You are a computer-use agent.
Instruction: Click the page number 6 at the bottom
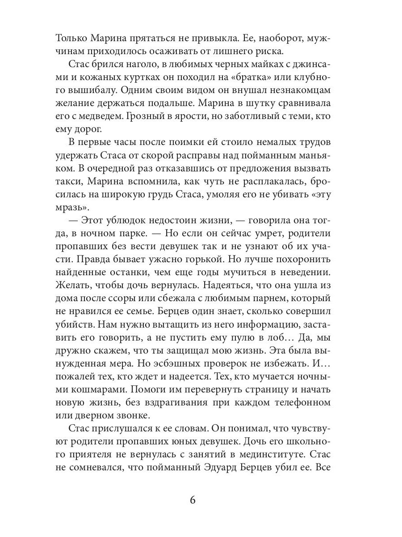193,500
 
